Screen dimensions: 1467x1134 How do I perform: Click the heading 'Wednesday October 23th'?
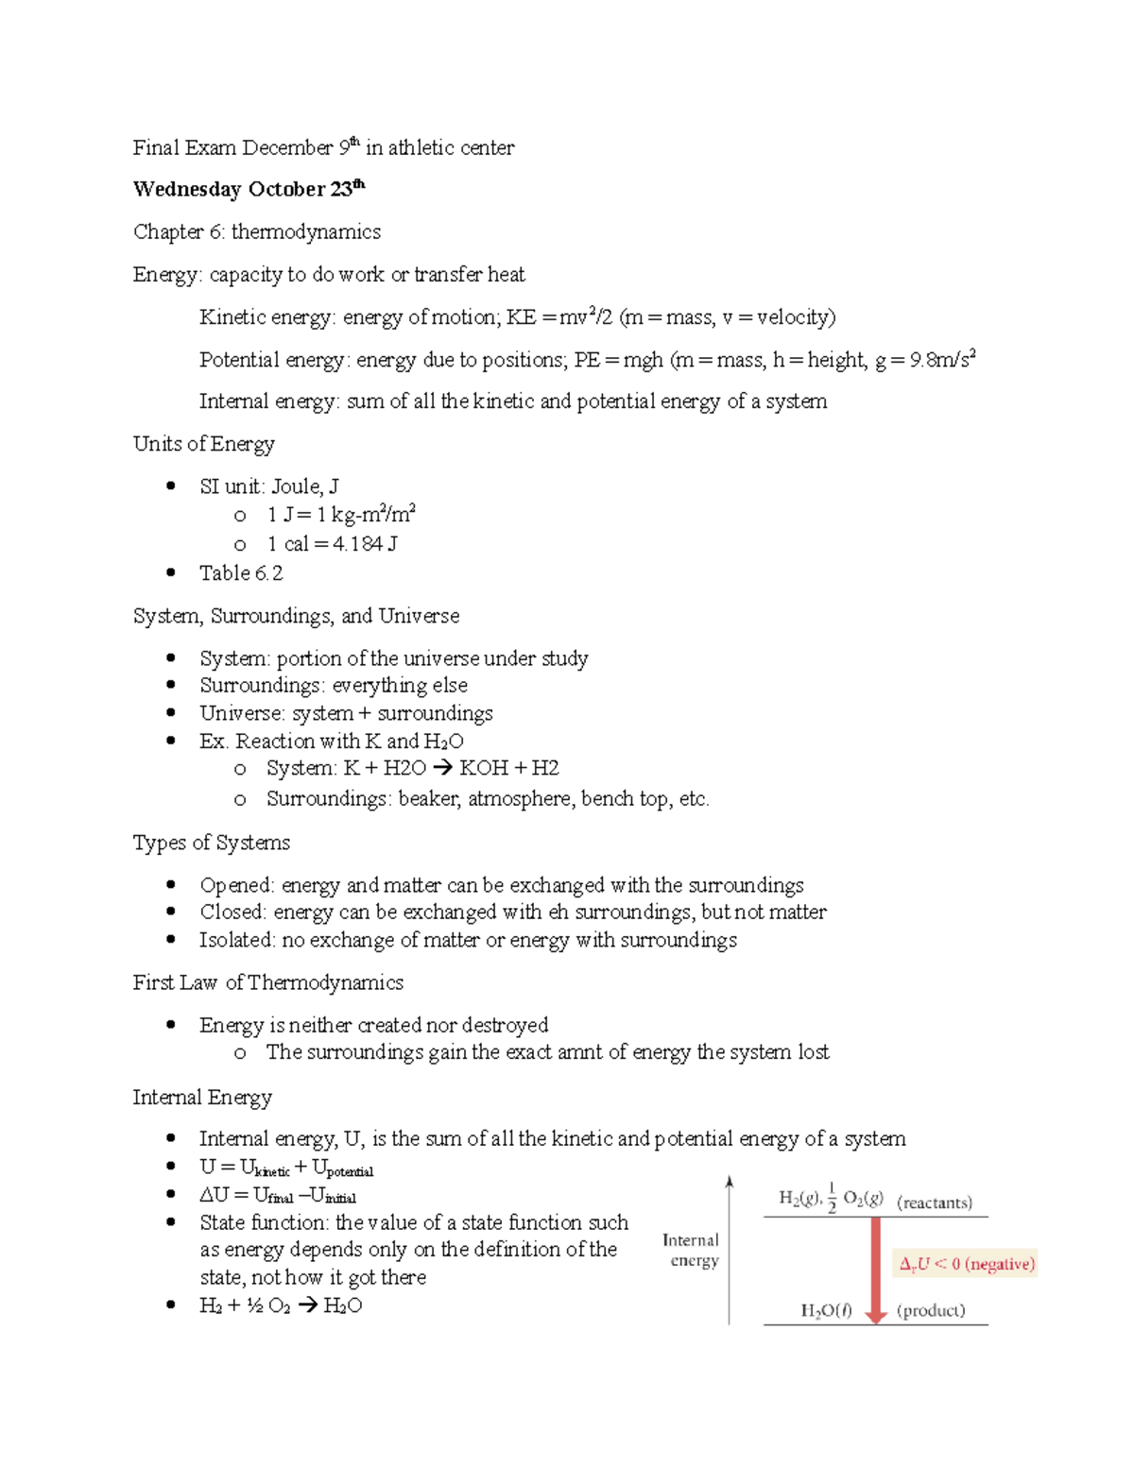pos(249,189)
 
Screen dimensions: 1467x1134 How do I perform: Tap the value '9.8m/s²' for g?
pos(941,360)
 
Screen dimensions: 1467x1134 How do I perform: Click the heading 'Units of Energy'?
pos(203,444)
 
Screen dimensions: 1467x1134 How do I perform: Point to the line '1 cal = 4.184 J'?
pos(332,544)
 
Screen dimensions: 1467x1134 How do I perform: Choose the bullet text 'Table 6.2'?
pos(241,573)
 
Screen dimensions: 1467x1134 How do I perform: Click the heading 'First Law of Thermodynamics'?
pos(267,983)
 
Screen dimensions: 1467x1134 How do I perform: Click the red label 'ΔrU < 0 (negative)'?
pos(966,1264)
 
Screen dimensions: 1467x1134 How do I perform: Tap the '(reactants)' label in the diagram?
pos(934,1203)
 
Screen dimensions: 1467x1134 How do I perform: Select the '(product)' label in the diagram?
pos(931,1310)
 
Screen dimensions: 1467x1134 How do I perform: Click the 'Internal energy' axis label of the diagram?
pos(691,1251)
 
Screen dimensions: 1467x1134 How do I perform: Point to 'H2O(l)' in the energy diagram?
pos(826,1310)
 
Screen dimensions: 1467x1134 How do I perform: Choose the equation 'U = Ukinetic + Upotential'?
pos(286,1168)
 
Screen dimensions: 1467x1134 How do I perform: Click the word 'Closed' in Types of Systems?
pos(232,913)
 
